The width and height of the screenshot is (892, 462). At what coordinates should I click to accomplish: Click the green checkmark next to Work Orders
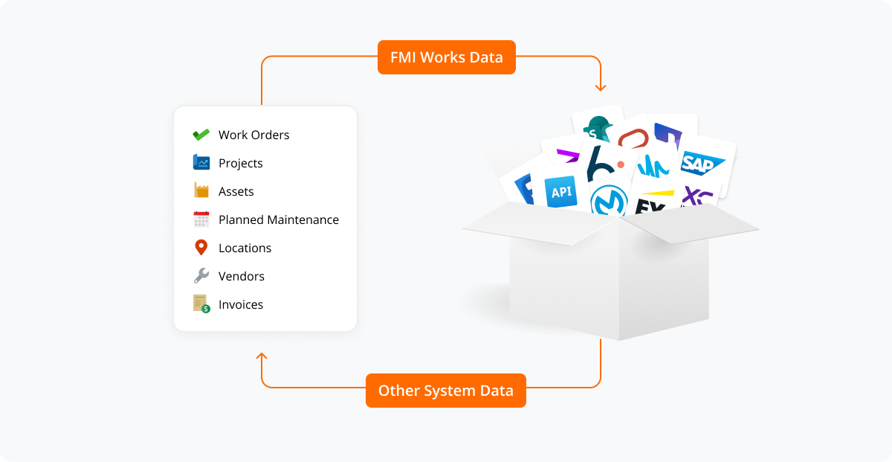point(201,135)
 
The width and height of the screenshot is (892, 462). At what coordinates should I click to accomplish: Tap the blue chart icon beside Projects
point(201,162)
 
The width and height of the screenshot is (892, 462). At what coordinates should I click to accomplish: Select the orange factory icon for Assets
point(201,190)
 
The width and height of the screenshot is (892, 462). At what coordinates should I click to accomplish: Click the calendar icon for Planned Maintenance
point(201,219)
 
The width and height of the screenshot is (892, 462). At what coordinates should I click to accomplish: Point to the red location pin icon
point(201,248)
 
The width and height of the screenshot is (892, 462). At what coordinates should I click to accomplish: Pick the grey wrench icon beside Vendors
point(201,276)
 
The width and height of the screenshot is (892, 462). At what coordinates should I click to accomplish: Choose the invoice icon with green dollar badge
point(201,304)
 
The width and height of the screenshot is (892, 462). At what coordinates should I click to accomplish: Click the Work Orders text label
point(253,135)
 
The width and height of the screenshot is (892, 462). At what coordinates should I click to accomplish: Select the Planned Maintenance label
point(278,219)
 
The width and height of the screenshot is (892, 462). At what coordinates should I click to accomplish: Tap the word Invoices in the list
point(240,304)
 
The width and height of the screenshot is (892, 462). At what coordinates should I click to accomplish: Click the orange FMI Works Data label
point(446,57)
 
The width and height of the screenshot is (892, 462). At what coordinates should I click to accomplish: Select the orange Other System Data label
point(445,391)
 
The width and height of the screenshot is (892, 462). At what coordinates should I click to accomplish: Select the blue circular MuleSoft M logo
point(609,202)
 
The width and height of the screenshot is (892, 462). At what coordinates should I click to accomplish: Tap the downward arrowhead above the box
point(601,87)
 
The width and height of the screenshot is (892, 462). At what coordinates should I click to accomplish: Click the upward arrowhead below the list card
point(262,358)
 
